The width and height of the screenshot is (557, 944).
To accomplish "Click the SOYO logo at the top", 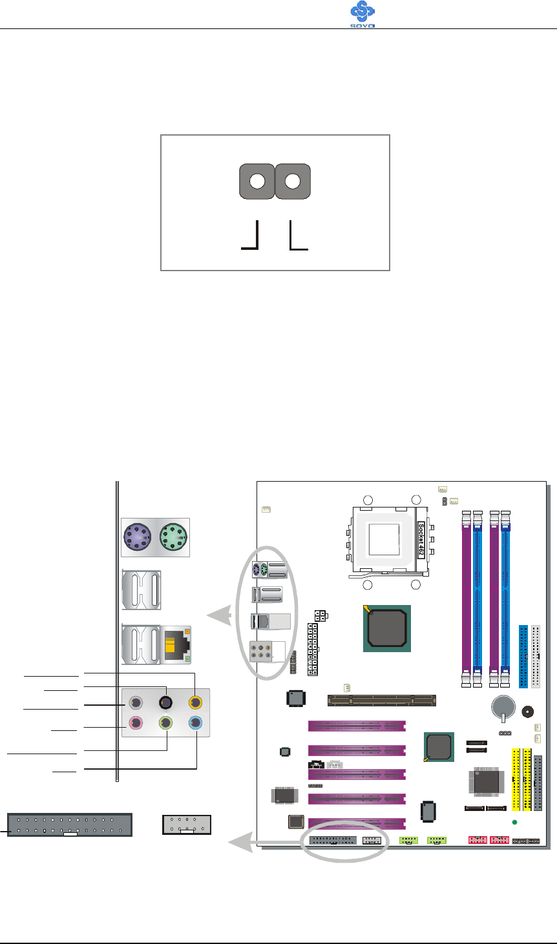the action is coord(363,14).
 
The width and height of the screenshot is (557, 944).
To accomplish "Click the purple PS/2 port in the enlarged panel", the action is coord(138,537).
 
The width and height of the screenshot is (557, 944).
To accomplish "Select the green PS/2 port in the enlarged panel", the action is coord(173,537).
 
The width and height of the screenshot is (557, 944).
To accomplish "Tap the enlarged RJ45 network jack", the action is coord(176,645).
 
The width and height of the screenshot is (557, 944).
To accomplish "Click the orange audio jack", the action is coord(195,703).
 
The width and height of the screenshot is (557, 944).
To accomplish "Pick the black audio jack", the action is coord(165,703).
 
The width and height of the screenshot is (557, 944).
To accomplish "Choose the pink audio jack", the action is coord(135,723).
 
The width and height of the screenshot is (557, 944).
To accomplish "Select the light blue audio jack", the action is coord(195,723).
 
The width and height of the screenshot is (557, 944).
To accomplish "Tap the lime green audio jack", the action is coord(165,723).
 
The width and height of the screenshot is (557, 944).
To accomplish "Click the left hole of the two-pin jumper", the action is coord(257,181).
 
